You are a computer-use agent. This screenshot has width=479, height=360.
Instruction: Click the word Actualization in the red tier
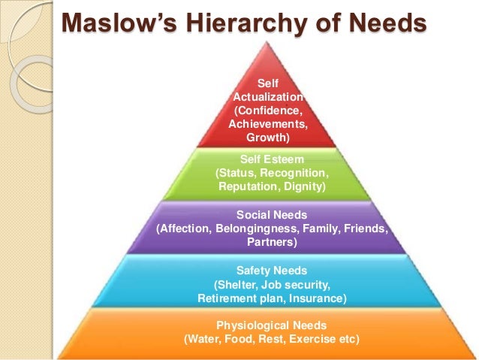[270, 97]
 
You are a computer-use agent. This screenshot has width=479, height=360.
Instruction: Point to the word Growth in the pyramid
[267, 138]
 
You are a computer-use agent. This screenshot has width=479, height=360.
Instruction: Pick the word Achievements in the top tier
[269, 125]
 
